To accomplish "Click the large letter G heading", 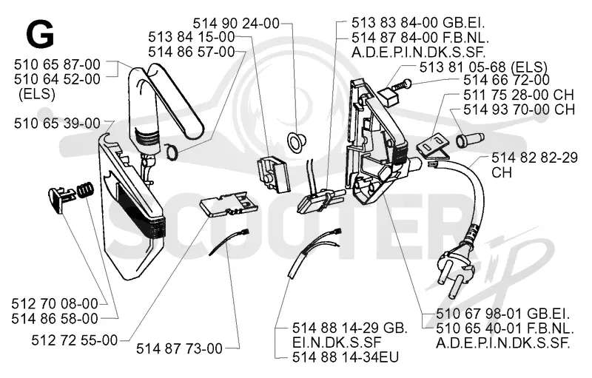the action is click(x=41, y=34).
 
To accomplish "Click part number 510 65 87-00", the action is click(x=58, y=65).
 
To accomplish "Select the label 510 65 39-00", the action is click(x=58, y=124).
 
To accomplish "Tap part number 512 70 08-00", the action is click(x=55, y=304).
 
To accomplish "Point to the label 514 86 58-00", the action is click(x=55, y=319).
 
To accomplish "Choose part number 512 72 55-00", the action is click(x=75, y=341).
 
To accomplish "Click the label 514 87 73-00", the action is click(x=179, y=348).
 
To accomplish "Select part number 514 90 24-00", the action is click(x=236, y=24).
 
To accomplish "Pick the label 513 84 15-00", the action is click(x=192, y=37).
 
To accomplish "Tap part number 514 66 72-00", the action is click(x=506, y=80).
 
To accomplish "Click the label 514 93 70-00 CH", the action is click(x=519, y=109).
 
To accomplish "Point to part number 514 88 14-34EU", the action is click(x=346, y=357).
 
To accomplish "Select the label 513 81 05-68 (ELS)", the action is click(x=483, y=67).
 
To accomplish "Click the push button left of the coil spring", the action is click(x=61, y=196).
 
